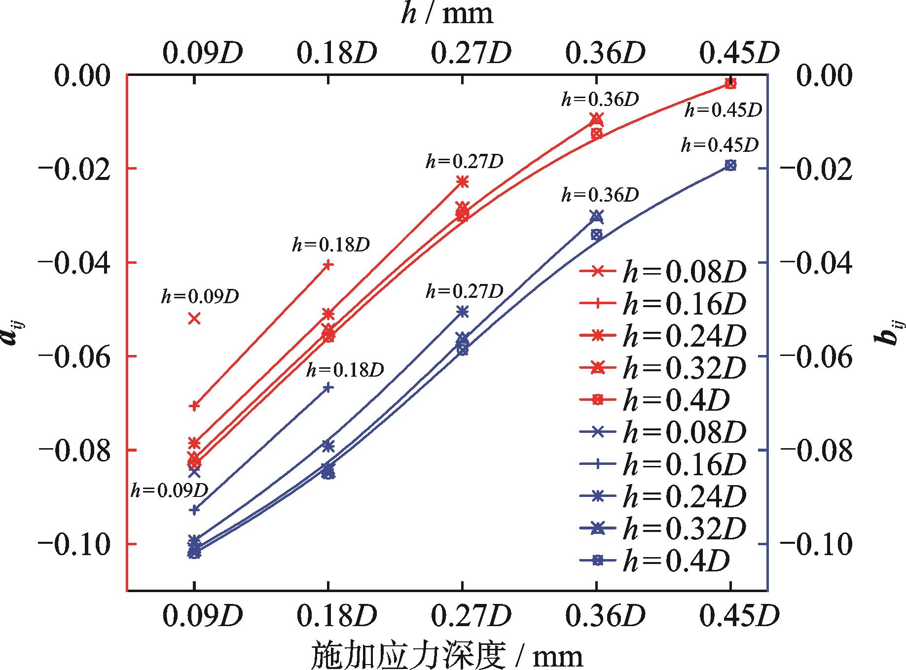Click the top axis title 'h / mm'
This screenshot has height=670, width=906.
tap(447, 15)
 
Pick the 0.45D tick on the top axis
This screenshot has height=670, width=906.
tap(739, 53)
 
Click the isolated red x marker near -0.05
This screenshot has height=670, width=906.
tap(194, 318)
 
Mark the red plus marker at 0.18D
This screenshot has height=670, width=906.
tap(328, 265)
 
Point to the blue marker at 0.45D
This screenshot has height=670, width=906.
tap(730, 165)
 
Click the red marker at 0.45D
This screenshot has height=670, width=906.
tap(730, 84)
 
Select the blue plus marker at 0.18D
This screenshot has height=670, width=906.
tap(328, 388)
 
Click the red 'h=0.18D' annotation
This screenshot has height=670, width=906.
tap(330, 245)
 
